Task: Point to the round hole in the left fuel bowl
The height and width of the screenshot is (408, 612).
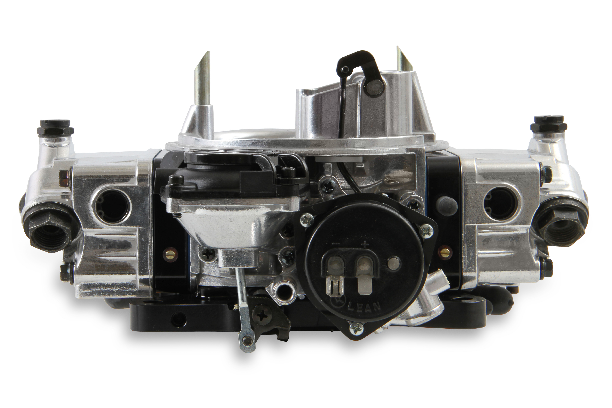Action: click(111, 204)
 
